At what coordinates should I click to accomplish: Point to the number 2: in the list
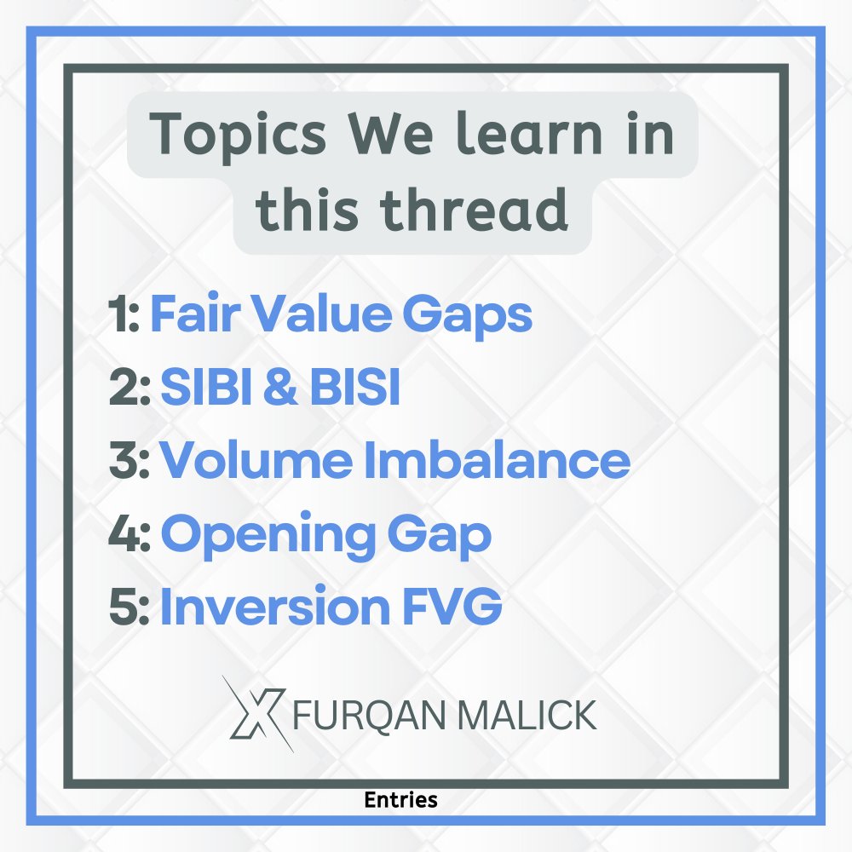coord(130,389)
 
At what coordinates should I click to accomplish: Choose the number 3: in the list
coord(130,461)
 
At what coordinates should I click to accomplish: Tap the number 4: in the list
coord(130,534)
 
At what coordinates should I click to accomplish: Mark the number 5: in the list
coord(130,607)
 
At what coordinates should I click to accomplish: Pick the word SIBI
coord(208,389)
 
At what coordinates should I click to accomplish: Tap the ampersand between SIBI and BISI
coord(280,389)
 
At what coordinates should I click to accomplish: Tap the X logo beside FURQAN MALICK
coord(256,714)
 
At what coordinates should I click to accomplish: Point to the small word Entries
coord(400,800)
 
